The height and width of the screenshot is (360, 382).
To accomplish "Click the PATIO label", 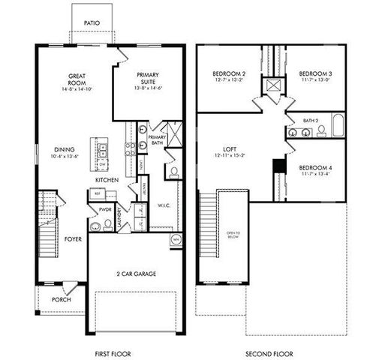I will coord(92,23).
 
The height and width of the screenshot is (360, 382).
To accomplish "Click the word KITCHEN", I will coord(107,181).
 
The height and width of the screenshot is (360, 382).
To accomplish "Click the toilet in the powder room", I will coord(95,224).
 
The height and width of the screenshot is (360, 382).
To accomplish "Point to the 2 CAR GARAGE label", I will coord(136,274).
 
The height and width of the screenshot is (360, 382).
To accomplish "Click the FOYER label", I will coord(72,239).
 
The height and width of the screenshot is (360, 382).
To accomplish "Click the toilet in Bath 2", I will coord(320,131).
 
